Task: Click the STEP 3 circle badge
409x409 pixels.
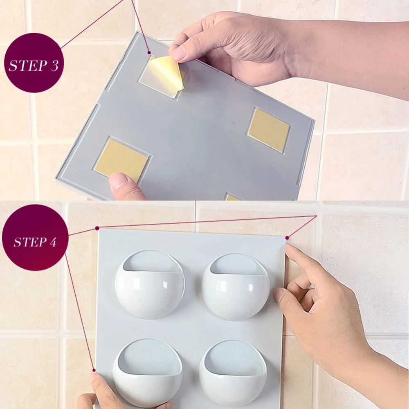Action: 34,63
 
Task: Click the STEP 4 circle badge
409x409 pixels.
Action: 35,237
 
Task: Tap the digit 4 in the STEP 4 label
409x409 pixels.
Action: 53,242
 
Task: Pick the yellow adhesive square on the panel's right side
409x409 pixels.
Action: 269,130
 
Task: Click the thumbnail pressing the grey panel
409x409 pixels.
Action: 119,180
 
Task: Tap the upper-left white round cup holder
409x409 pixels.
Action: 150,284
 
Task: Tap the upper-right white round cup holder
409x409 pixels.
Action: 236,287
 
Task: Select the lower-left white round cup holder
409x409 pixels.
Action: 148,373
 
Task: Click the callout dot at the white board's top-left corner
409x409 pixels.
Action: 97,228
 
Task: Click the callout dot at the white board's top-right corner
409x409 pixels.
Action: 287,238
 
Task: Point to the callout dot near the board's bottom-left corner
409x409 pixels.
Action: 94,370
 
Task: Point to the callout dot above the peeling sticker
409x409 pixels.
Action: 149,53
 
